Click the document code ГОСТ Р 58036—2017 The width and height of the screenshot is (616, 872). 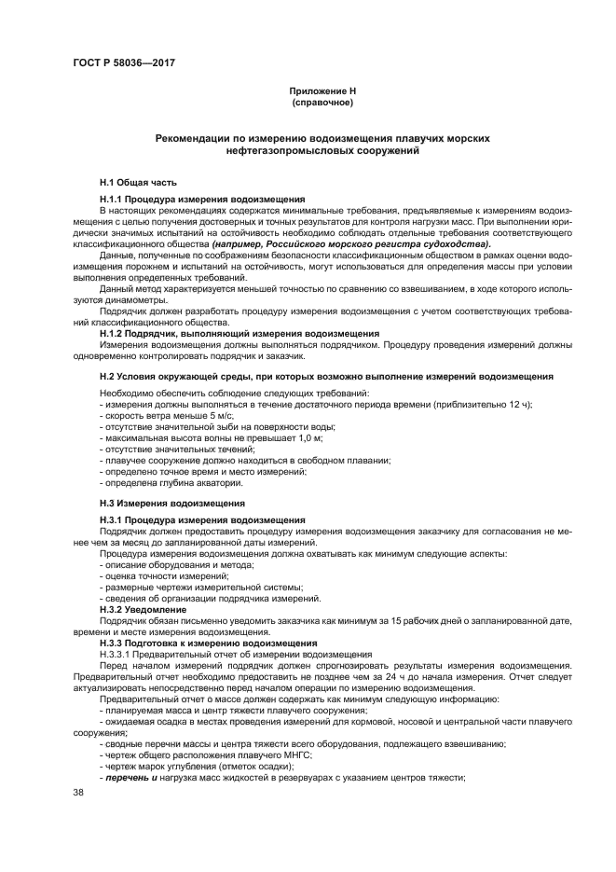(124, 62)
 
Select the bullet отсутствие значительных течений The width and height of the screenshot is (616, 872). (176, 449)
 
